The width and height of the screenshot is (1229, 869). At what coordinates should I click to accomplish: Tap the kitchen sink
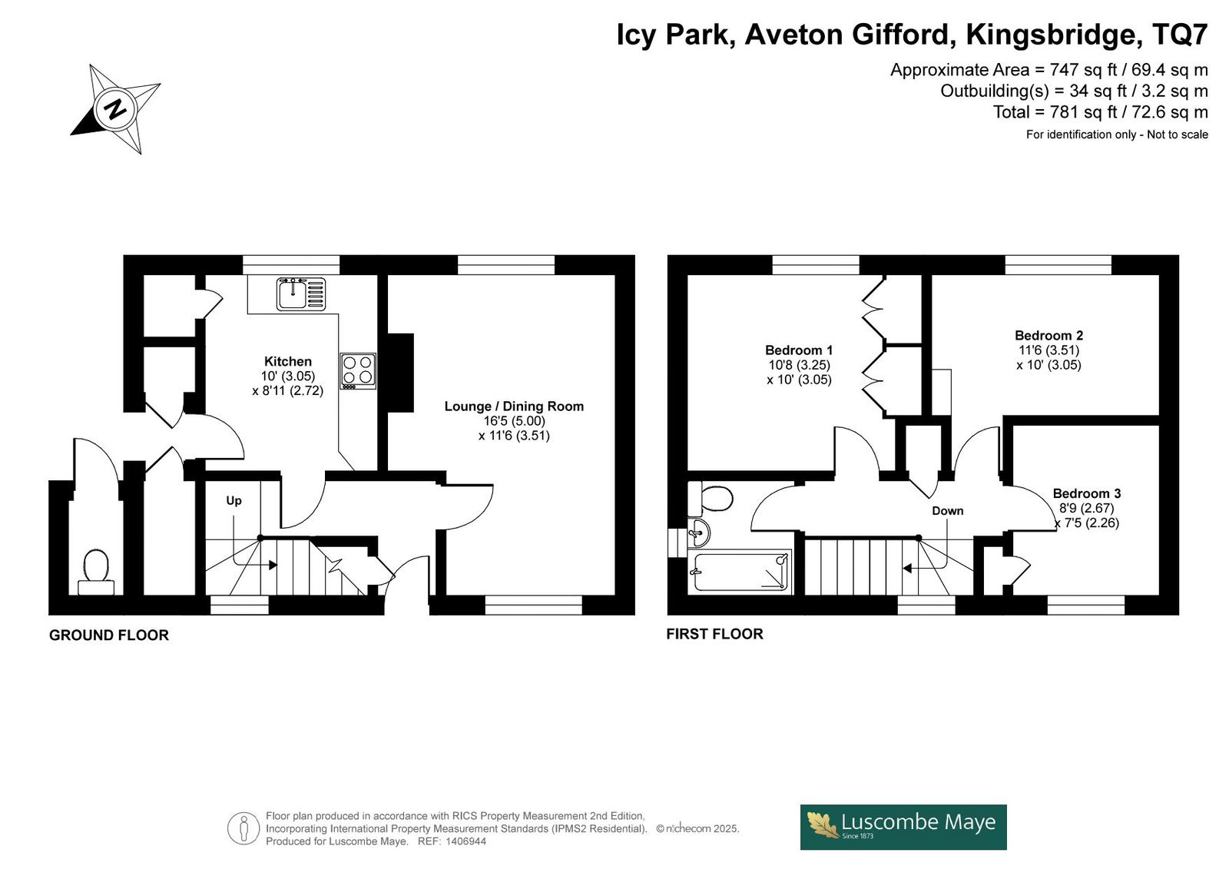(x=301, y=294)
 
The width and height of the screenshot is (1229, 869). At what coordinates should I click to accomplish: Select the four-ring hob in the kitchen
(x=358, y=370)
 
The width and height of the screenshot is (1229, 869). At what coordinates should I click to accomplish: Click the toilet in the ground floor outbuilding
(x=96, y=572)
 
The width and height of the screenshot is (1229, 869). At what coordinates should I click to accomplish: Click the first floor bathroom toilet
(x=711, y=499)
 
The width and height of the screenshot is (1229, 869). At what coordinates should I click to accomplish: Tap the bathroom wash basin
(x=698, y=532)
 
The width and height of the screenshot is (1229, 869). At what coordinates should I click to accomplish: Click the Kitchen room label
(x=287, y=361)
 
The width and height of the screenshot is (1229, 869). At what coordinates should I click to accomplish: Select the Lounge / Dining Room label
(x=514, y=406)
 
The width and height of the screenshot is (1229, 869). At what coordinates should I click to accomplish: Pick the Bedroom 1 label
(x=799, y=350)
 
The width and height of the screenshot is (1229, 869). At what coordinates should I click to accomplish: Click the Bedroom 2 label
(x=1048, y=335)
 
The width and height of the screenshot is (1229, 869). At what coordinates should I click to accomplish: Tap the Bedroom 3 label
(x=1086, y=493)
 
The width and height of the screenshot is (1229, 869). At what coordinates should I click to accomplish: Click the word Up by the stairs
(x=234, y=501)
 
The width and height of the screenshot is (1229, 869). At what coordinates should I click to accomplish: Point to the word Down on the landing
(x=948, y=510)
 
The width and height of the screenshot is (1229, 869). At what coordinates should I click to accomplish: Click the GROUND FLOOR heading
(x=108, y=635)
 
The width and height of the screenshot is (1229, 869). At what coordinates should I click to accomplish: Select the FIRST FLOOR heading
(x=714, y=634)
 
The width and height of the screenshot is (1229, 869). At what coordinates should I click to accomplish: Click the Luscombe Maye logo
(x=903, y=828)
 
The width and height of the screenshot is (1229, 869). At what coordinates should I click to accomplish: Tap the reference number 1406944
(x=465, y=841)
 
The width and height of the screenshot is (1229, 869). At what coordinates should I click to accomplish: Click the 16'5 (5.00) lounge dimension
(x=514, y=421)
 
